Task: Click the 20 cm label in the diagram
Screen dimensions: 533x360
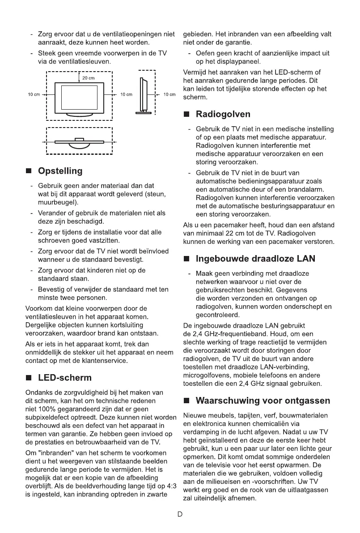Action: click(x=89, y=78)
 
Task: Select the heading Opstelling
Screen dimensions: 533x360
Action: click(x=60, y=171)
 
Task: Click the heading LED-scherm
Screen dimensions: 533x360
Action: click(x=65, y=378)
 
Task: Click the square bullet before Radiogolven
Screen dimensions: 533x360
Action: click(x=187, y=115)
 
